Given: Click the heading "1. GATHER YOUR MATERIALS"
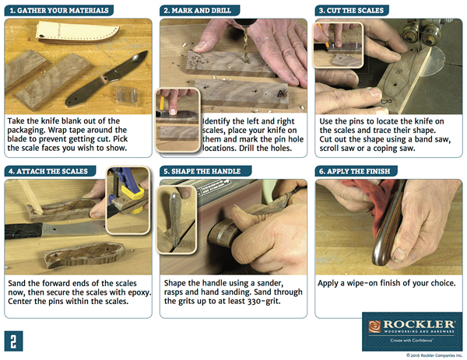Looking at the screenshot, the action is click(x=59, y=10).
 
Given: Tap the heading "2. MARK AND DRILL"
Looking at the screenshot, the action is click(x=197, y=10).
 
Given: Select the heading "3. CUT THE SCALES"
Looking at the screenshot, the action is click(x=351, y=10).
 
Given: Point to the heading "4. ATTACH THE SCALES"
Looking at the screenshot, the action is click(x=48, y=171).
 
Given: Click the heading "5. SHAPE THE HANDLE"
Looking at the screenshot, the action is click(x=202, y=171).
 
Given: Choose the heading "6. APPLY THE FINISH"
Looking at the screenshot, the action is click(x=354, y=171).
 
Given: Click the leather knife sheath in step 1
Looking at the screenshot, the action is click(x=77, y=32).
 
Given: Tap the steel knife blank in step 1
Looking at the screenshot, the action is click(x=107, y=79).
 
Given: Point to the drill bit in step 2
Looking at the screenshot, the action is click(x=246, y=44).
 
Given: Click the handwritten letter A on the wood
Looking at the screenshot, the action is click(x=281, y=94).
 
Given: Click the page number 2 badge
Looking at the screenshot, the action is click(x=13, y=341).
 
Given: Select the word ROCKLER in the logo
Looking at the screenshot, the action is click(x=419, y=324).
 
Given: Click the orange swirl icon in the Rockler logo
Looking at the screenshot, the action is click(x=374, y=327).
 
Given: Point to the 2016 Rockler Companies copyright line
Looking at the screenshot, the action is click(x=434, y=355).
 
